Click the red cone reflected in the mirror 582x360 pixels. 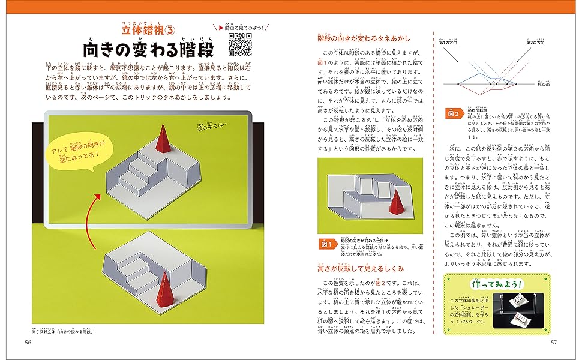[163, 139]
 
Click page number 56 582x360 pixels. [28, 342]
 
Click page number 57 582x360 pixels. [554, 342]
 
